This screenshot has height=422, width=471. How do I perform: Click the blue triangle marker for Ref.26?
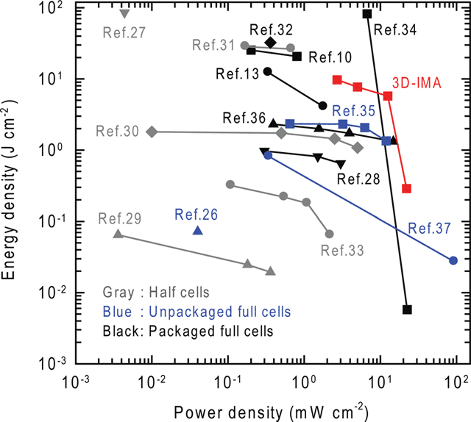[x=197, y=231]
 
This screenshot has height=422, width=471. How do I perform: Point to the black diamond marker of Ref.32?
[x=271, y=43]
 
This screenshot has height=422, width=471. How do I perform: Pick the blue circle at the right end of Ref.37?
[x=453, y=260]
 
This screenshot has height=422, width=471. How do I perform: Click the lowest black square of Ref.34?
[x=407, y=310]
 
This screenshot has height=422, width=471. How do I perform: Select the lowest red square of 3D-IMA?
[x=406, y=189]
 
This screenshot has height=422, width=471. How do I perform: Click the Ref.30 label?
[x=117, y=131]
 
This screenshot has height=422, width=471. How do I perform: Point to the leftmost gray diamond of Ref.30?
[x=152, y=132]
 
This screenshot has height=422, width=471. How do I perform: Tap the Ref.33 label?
[x=342, y=251]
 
